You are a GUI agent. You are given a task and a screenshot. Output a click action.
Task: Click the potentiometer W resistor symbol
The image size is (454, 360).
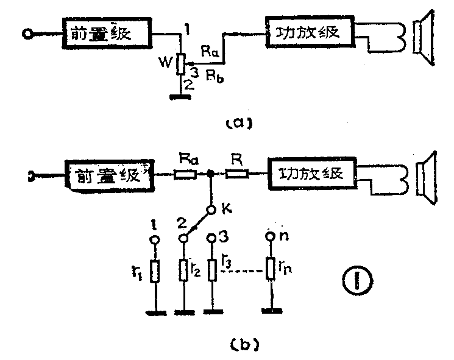180,64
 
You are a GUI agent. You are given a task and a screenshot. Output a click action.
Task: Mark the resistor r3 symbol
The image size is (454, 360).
212,270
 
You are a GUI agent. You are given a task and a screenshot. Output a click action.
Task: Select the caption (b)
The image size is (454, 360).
239,345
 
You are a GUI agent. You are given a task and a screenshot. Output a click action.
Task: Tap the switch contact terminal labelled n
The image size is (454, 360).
271,239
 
